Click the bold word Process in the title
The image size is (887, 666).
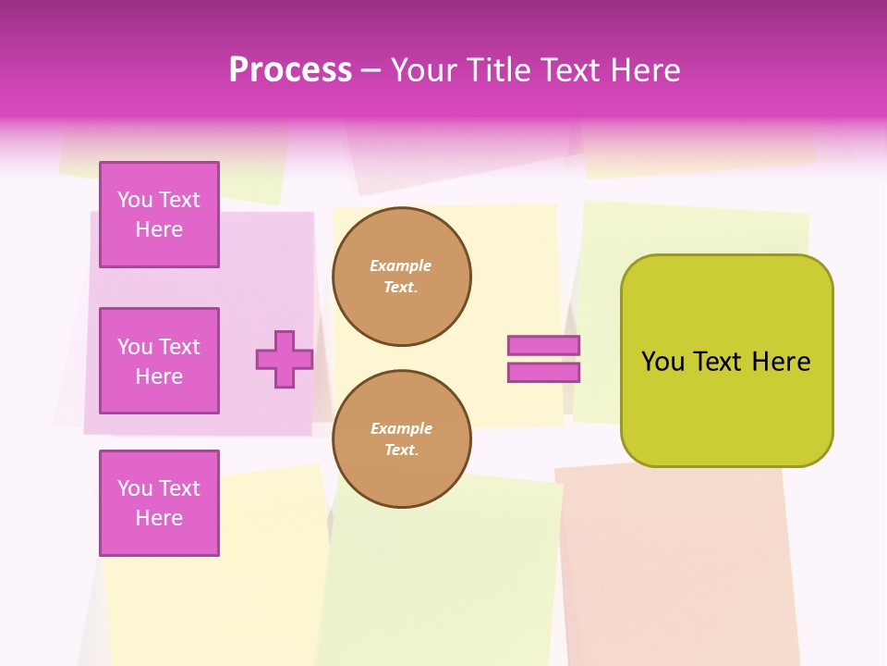290,70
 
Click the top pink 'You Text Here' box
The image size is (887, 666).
159,215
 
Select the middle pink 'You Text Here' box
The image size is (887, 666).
159,361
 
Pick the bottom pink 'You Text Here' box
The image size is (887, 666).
159,502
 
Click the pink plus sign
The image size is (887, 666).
285,359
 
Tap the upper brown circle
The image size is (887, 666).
401,277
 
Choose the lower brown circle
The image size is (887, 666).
401,439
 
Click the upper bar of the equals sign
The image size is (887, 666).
543,346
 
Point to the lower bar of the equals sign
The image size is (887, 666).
543,373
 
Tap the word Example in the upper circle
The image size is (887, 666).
401,266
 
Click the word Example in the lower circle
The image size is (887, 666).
401,429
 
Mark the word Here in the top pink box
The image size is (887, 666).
159,229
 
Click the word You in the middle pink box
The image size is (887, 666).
134,347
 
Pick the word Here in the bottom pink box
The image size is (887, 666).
159,518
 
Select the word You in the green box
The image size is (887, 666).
662,362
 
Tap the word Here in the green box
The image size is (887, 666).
781,362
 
